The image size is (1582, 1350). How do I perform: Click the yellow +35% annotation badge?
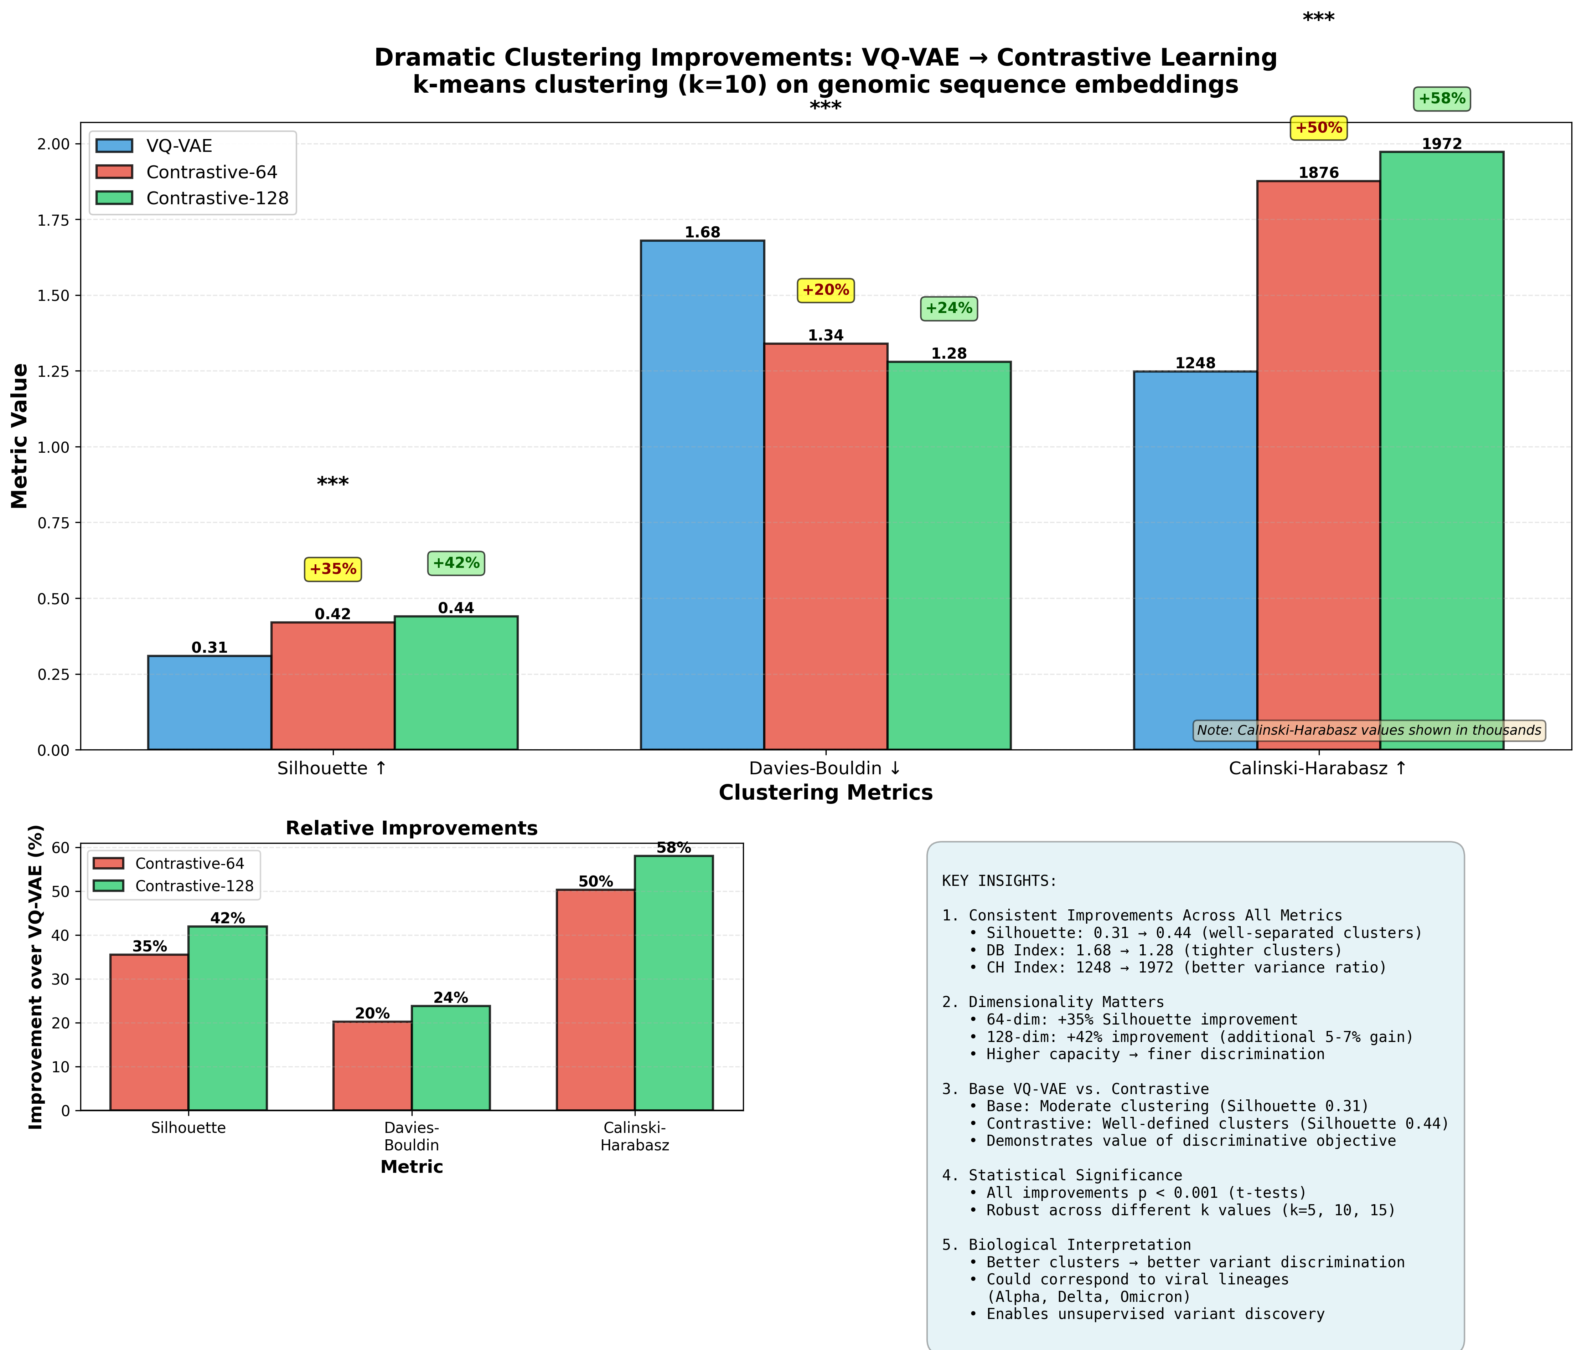point(333,569)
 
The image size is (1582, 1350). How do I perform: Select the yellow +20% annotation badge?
point(825,290)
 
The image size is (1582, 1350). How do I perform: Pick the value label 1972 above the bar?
point(1442,144)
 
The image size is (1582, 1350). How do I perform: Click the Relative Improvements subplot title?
point(412,828)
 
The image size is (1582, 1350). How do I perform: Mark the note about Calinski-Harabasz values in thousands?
point(1368,730)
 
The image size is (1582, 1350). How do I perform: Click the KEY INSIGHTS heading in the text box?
point(999,881)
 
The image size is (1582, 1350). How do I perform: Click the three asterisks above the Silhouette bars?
point(333,483)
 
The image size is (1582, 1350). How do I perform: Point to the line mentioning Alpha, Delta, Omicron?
point(1088,1297)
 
